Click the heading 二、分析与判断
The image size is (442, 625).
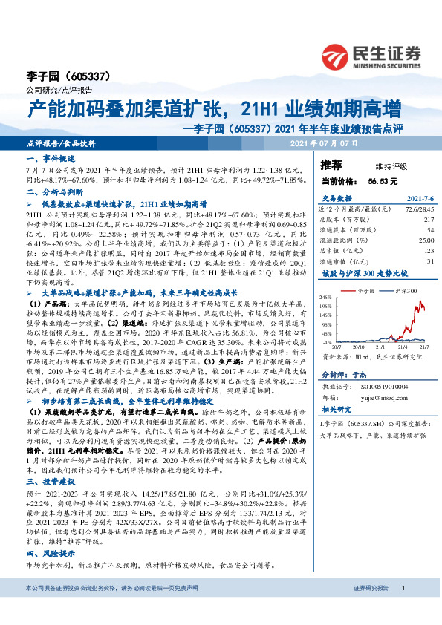pos(52,190)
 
